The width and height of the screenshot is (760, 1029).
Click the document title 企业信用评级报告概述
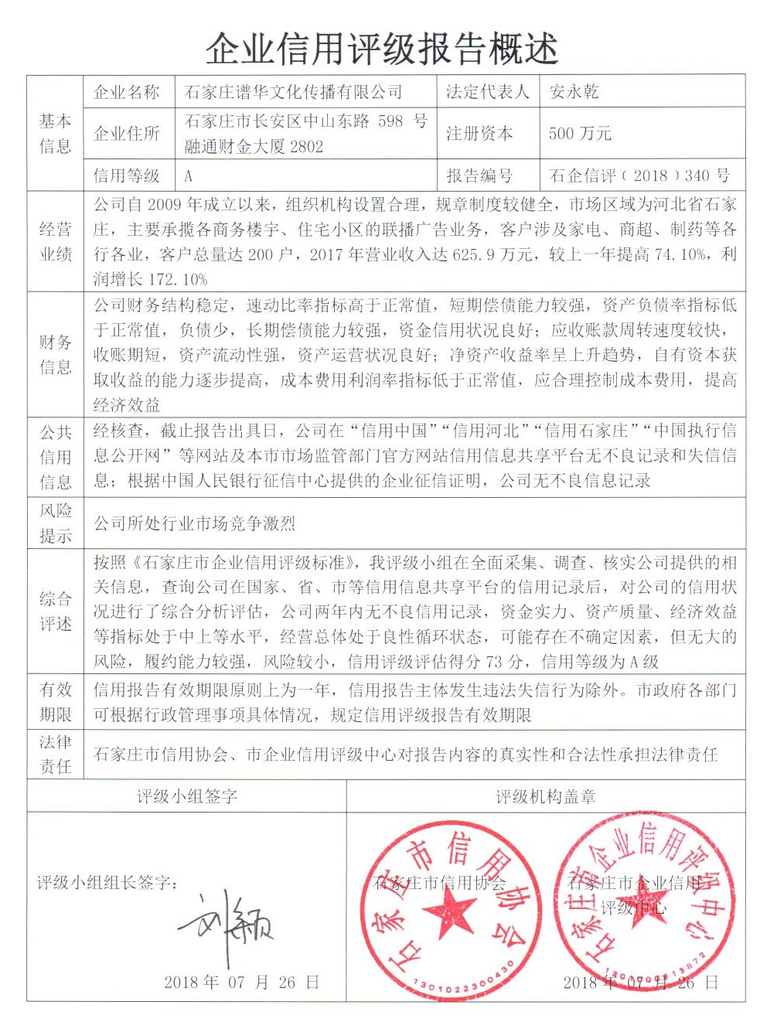380,49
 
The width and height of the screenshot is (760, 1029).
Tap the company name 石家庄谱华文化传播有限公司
294,93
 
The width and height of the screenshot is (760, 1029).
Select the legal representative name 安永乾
574,93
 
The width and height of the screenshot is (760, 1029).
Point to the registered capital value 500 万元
580,134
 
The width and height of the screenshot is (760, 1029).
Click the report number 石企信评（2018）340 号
639,175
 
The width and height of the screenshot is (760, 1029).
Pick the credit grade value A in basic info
189,176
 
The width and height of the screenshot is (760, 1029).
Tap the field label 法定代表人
487,93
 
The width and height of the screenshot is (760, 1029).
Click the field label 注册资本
479,134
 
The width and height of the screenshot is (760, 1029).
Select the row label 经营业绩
56,241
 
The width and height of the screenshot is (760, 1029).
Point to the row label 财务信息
56,354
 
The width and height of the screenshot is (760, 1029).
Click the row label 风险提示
56,523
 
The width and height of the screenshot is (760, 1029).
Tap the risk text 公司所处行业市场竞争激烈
195,524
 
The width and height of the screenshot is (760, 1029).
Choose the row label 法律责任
56,754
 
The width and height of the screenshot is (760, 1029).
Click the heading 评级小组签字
187,796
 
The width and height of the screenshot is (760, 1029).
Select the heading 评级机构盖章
546,796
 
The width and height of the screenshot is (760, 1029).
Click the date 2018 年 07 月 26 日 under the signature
241,983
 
